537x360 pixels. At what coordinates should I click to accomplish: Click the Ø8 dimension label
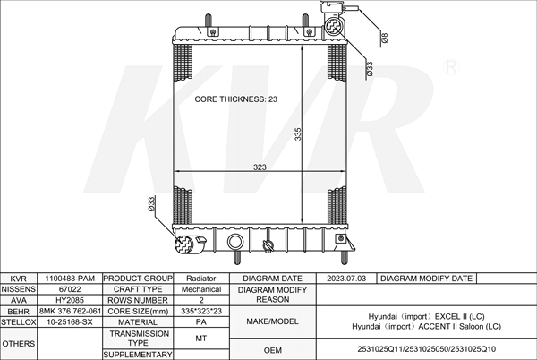point(384,38)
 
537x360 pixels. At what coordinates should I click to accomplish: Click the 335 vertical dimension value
point(298,134)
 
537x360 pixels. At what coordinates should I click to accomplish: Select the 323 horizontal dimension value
point(260,167)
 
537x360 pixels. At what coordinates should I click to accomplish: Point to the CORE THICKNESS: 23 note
point(236,99)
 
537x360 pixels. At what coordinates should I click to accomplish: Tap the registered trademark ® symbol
point(451,67)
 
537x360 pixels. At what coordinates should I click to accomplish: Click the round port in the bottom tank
point(235,242)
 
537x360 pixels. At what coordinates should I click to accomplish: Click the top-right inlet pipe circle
point(333,26)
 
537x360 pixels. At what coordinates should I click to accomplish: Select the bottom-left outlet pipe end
point(184,244)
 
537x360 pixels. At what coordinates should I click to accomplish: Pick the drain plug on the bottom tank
point(268,246)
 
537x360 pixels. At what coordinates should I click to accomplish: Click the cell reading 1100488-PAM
point(70,279)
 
